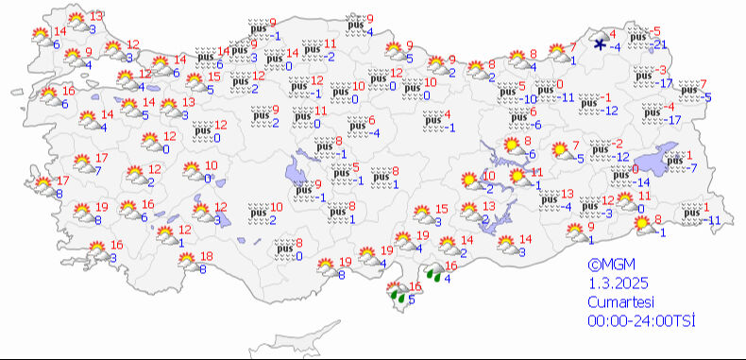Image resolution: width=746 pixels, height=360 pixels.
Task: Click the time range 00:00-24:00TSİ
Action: [640, 321]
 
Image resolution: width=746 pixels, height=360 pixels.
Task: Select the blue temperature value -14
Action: [642, 182]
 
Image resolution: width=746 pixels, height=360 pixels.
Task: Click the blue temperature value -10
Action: [530, 98]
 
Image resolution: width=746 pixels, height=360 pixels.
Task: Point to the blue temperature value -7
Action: [691, 168]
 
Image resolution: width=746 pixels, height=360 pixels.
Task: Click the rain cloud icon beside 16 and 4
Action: [434, 275]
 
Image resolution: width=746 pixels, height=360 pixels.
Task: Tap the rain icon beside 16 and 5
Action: [400, 296]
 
